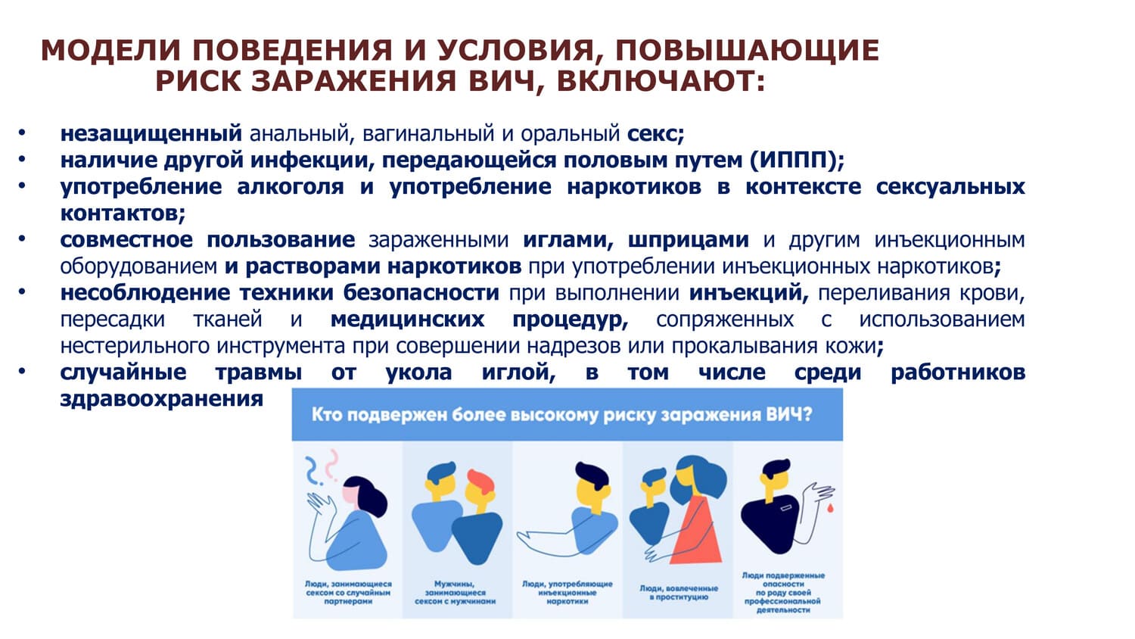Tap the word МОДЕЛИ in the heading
pos(110,50)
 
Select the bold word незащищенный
pos(151,134)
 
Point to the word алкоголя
pos(290,187)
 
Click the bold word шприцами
pos(688,240)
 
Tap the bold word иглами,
pos(568,240)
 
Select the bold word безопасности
pos(421,293)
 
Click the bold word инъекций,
pos(749,293)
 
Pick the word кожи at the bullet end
pos(854,346)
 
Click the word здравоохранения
pos(162,399)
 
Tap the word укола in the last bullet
pos(418,372)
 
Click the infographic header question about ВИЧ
pos(561,415)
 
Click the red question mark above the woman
pos(332,465)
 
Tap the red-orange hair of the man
pos(480,482)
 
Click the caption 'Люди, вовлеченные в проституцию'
pos(679,593)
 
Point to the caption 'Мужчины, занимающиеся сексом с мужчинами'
pos(455,593)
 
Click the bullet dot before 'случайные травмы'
pos(22,372)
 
